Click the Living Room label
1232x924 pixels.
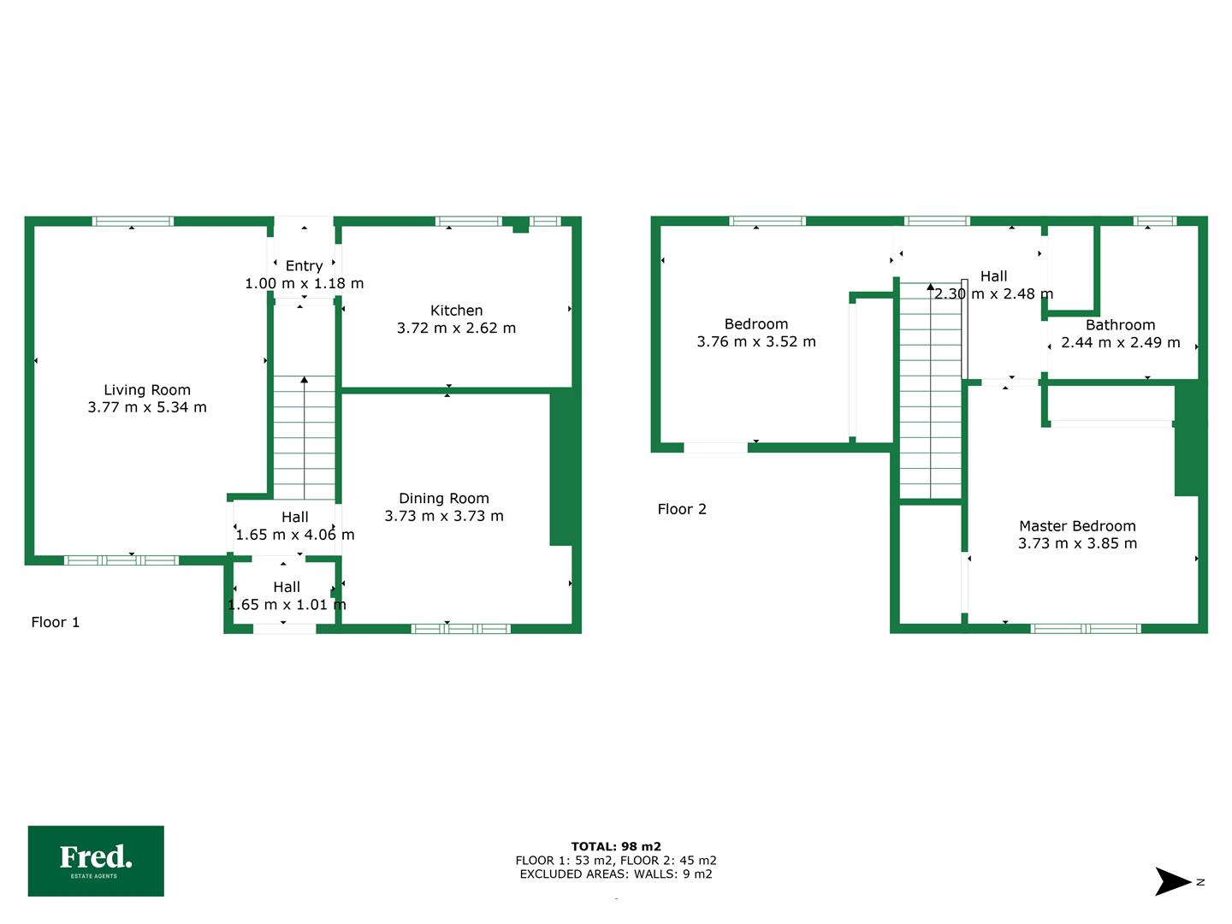(x=147, y=390)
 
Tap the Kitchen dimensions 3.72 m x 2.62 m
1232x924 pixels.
(x=456, y=329)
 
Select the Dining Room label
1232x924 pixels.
(x=444, y=498)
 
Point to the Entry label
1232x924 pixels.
(x=305, y=266)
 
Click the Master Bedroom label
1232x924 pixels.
(x=1077, y=525)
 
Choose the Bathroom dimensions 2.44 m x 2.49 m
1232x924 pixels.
(x=1120, y=342)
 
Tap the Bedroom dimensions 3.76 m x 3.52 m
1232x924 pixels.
(x=756, y=341)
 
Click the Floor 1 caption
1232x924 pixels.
(x=55, y=622)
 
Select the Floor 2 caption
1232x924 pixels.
(x=682, y=509)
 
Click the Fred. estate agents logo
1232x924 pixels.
(x=96, y=861)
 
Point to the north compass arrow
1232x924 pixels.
(x=1172, y=881)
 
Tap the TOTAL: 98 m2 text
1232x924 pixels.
(x=616, y=847)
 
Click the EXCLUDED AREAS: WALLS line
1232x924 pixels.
(x=616, y=874)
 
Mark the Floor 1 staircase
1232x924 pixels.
(x=305, y=437)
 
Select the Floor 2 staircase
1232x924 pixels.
(x=931, y=390)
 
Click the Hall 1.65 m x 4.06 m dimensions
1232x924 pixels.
(x=294, y=535)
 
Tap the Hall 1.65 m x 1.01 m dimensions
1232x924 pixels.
(x=287, y=604)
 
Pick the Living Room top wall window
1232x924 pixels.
(x=133, y=221)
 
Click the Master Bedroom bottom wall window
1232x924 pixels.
(x=1086, y=629)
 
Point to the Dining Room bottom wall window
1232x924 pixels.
(x=461, y=629)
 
